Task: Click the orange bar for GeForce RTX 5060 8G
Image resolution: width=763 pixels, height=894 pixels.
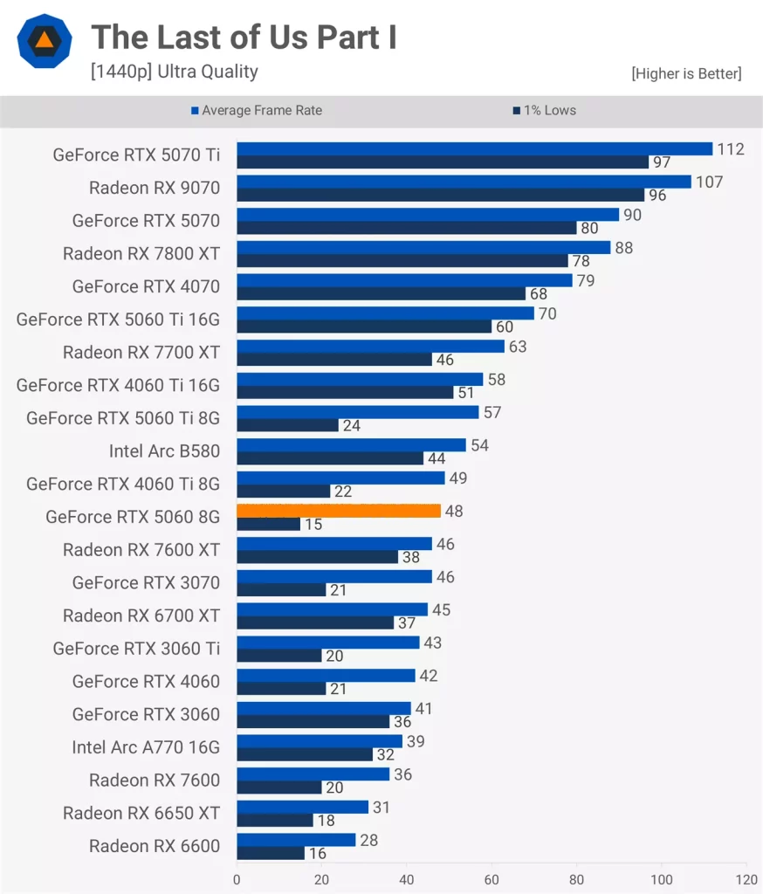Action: pyautogui.click(x=339, y=511)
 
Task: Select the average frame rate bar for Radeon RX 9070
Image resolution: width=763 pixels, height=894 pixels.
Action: pyautogui.click(x=464, y=182)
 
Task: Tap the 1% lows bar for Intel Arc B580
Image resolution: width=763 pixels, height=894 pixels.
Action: pyautogui.click(x=330, y=458)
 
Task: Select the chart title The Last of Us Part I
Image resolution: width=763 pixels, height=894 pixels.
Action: pyautogui.click(x=244, y=38)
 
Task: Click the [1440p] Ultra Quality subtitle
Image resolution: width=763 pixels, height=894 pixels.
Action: pyautogui.click(x=175, y=72)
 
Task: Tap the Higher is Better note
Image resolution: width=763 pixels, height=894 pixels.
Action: pyautogui.click(x=686, y=74)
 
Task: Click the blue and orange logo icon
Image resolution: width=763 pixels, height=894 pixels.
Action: pyautogui.click(x=44, y=40)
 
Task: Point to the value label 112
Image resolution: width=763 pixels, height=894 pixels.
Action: pyautogui.click(x=731, y=149)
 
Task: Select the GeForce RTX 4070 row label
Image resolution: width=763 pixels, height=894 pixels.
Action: pyautogui.click(x=146, y=286)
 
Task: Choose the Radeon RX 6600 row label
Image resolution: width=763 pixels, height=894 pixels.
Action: pyautogui.click(x=155, y=846)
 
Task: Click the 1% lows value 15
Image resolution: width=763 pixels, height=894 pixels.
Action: pyautogui.click(x=313, y=525)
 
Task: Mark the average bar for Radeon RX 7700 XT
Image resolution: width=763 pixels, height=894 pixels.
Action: pyautogui.click(x=370, y=347)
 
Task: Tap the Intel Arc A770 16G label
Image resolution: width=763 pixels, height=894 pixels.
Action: pyautogui.click(x=146, y=747)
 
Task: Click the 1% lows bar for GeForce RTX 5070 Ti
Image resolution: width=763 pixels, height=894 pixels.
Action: pyautogui.click(x=443, y=162)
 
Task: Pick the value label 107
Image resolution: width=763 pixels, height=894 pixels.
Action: pyautogui.click(x=709, y=182)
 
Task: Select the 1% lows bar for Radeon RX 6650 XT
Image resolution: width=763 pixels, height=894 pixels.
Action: pyautogui.click(x=274, y=821)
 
